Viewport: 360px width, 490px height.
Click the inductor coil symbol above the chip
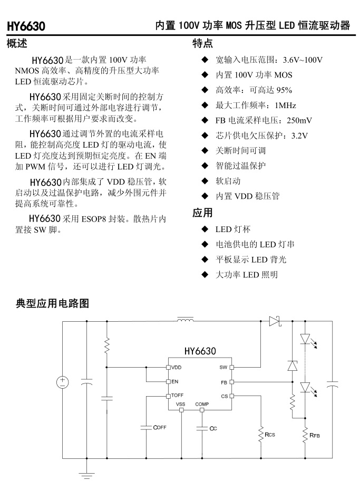click(185, 319)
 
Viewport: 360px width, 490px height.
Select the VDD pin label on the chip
click(177, 367)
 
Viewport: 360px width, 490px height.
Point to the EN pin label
click(174, 381)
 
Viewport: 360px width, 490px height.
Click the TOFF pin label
click(177, 395)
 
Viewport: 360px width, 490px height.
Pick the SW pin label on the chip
click(223, 367)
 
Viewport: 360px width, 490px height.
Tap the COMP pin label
click(202, 405)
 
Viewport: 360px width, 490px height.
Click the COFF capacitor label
click(160, 427)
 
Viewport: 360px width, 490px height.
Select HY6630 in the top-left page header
click(26, 26)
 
